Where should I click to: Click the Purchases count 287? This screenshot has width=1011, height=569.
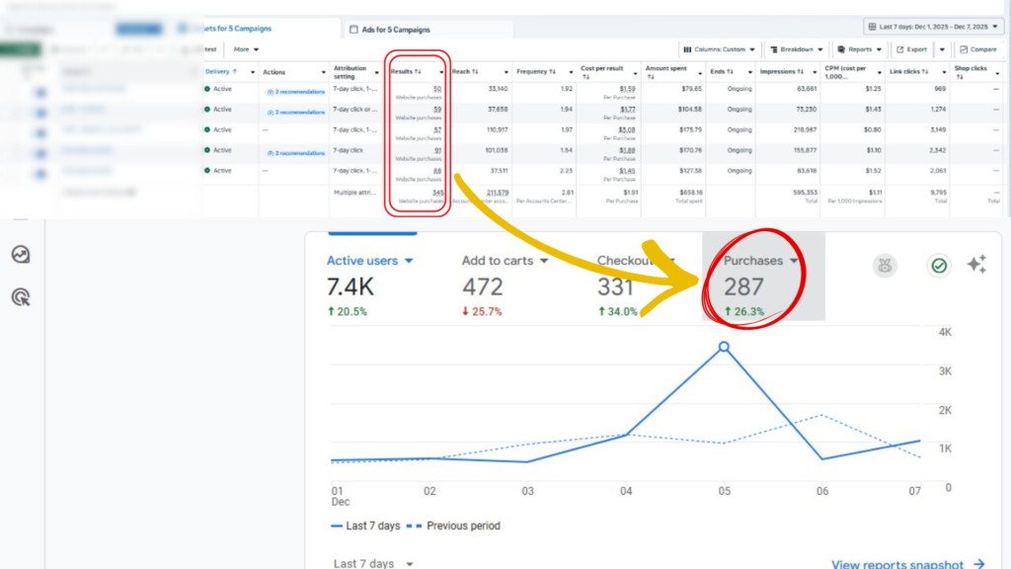(x=743, y=287)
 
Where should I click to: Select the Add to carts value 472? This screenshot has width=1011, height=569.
(x=483, y=287)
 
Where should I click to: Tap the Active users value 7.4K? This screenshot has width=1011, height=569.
(x=350, y=287)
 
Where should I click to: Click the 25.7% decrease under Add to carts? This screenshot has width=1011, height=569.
(x=482, y=312)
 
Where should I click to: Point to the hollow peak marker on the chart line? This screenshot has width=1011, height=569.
(x=724, y=347)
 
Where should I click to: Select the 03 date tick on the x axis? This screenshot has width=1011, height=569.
(x=528, y=491)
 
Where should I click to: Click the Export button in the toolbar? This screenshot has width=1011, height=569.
(x=911, y=48)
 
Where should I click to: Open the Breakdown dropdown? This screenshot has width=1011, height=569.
(x=795, y=48)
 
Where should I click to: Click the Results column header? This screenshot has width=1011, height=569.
(x=406, y=71)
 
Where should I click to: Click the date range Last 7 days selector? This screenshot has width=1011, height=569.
(x=933, y=27)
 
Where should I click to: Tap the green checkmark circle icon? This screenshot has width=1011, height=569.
(x=938, y=265)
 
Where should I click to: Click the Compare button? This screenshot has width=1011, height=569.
(x=977, y=48)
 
